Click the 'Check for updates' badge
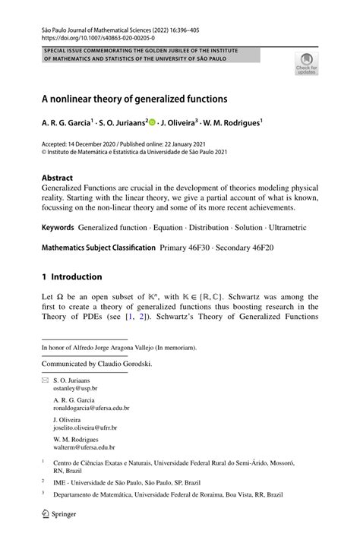tap(308, 64)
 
